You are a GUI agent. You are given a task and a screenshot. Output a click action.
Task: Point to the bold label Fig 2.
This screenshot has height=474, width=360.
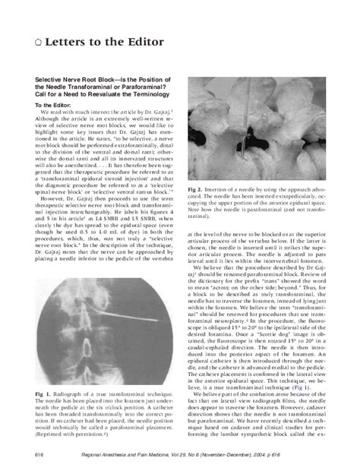click(x=195, y=188)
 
